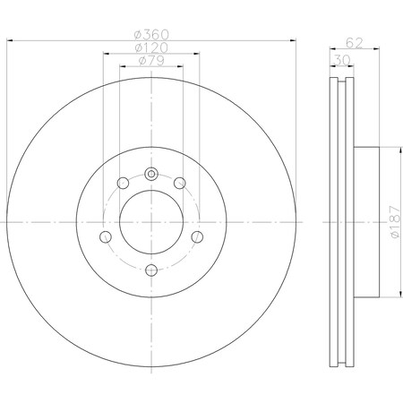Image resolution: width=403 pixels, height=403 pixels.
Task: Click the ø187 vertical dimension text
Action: pos(394,220)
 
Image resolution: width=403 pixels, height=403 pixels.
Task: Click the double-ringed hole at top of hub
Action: pos(150,174)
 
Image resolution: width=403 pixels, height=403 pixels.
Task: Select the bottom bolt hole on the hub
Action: pos(150,268)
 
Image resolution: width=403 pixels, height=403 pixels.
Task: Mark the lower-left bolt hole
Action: pos(106,236)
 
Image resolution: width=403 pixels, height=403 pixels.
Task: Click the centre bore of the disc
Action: pos(150,220)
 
